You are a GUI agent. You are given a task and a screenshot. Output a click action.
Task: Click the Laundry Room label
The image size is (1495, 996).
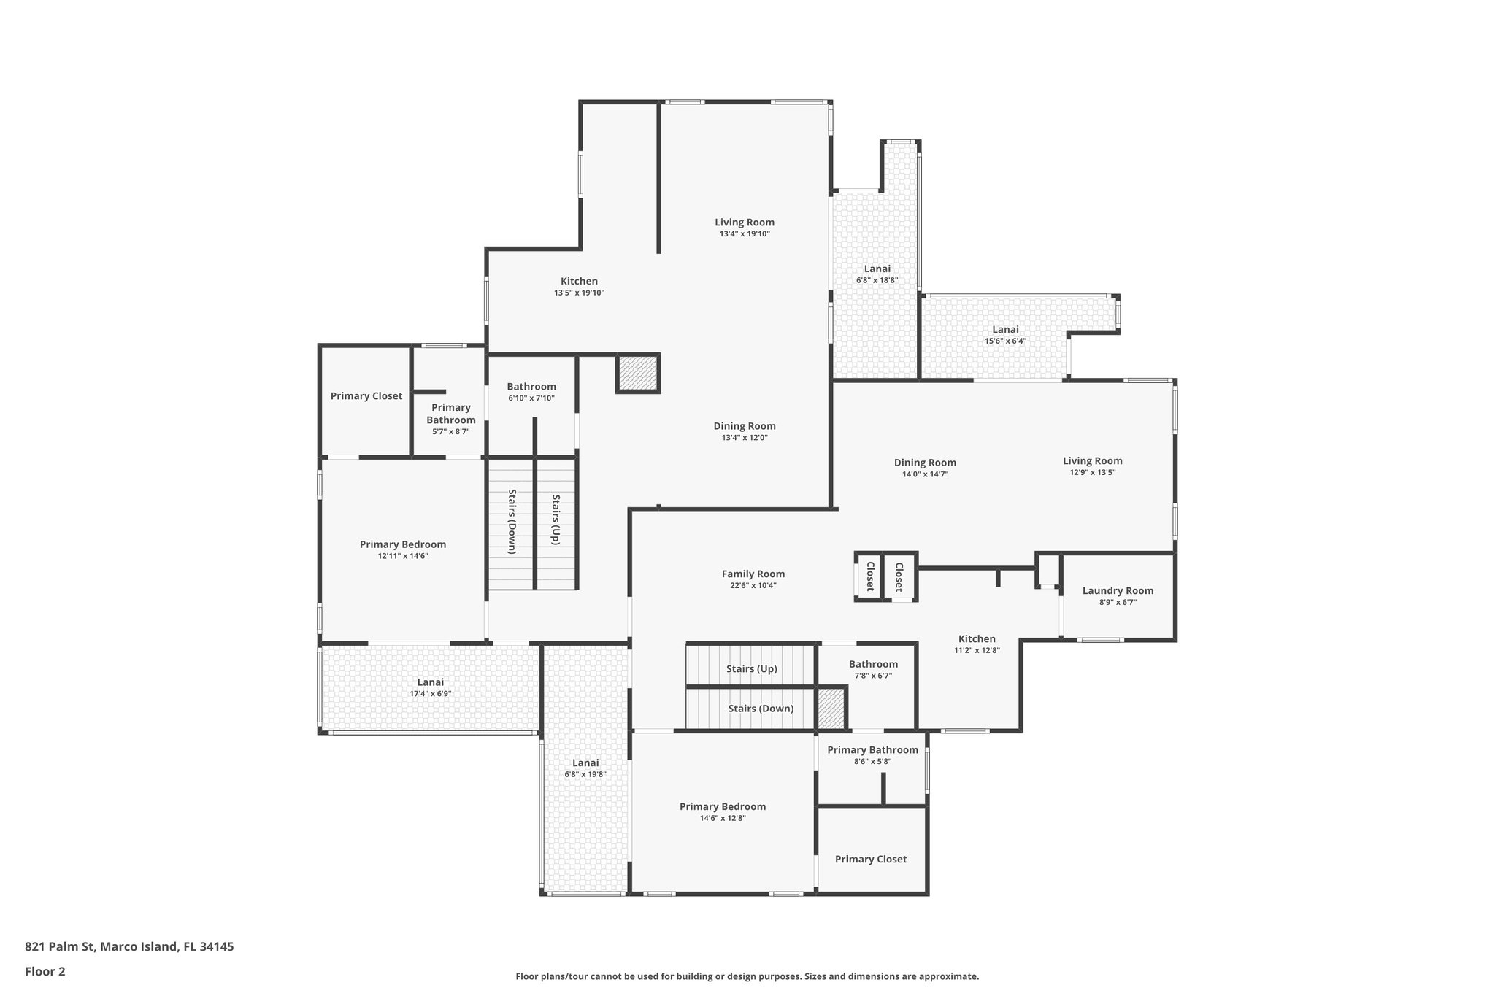click(1118, 591)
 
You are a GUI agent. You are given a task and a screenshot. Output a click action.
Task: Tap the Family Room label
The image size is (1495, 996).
click(753, 574)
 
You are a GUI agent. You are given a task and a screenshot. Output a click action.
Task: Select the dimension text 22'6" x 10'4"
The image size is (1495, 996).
click(753, 586)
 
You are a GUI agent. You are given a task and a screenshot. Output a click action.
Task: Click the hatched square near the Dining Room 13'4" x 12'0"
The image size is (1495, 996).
click(639, 374)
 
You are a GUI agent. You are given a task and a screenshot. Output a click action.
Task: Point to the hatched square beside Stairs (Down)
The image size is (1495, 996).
click(831, 708)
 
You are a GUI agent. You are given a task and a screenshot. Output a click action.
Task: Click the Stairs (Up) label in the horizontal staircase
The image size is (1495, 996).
click(751, 669)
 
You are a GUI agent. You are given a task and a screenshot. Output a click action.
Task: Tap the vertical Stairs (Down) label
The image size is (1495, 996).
click(512, 522)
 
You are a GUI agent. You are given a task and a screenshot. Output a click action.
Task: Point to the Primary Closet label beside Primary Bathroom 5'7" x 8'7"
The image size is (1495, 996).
click(366, 396)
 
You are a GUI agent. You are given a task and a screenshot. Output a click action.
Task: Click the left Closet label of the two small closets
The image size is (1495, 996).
click(870, 576)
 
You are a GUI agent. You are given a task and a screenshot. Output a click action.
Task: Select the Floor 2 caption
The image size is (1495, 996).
click(45, 971)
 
